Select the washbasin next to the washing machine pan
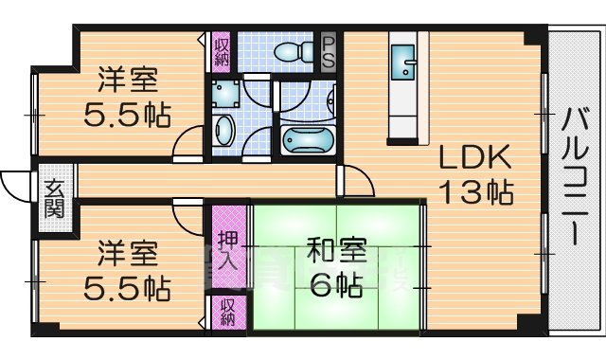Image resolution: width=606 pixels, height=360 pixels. pyautogui.click(x=225, y=132)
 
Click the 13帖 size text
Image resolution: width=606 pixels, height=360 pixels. pyautogui.click(x=474, y=192)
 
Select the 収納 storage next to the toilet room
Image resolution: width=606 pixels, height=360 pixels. pyautogui.click(x=221, y=49)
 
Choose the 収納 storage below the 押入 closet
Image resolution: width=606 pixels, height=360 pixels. pyautogui.click(x=228, y=313)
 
